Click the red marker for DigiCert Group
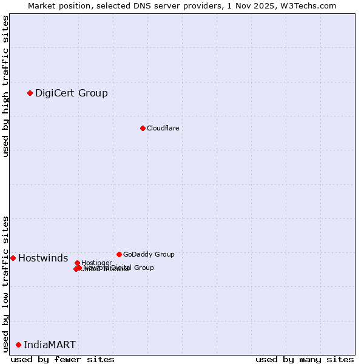point(30,93)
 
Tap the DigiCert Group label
point(72,93)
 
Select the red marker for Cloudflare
point(143,128)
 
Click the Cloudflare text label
point(163,128)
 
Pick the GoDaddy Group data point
point(119,254)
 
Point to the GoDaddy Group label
point(149,254)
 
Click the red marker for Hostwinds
point(13,258)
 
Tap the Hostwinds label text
point(43,258)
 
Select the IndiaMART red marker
point(18,345)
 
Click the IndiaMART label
point(50,345)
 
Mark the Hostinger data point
point(77,263)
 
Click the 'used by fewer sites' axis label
point(62,359)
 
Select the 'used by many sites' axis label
point(304,359)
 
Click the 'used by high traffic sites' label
point(5,86)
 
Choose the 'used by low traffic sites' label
point(5,284)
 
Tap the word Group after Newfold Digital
point(143,268)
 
